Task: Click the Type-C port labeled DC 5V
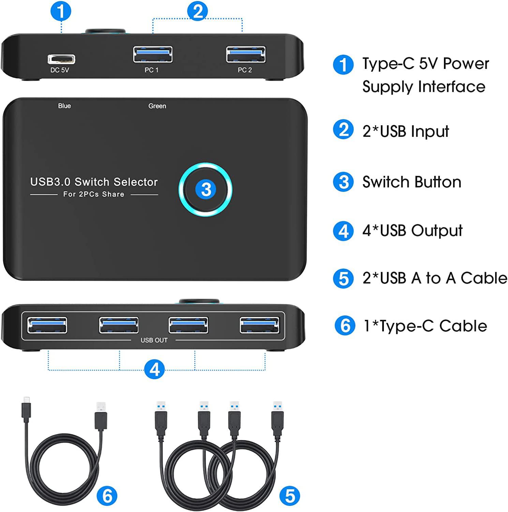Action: [61, 59]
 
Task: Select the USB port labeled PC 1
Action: [153, 54]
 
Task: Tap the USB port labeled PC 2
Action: [246, 54]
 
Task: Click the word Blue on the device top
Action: [64, 106]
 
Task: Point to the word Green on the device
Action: [157, 106]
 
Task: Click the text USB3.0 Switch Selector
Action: [94, 182]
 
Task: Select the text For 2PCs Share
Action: [94, 194]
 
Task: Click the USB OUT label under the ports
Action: [154, 340]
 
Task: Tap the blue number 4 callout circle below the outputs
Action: [154, 369]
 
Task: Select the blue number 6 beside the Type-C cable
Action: [107, 496]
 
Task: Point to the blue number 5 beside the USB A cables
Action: [290, 496]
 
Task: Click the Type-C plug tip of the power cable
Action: [27, 400]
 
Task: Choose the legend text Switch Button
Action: [412, 182]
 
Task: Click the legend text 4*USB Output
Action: [413, 231]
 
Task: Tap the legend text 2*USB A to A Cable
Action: [435, 278]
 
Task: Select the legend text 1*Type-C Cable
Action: [425, 326]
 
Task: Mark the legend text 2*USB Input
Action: [406, 131]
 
